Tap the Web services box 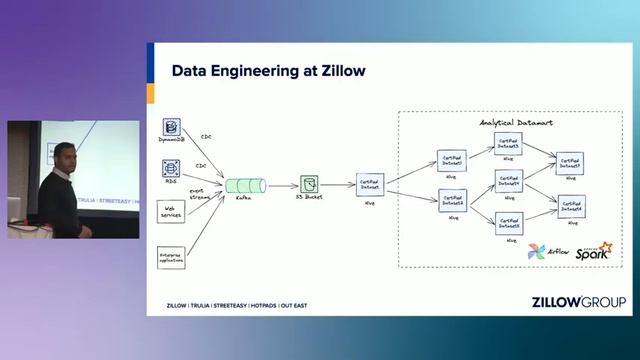171,211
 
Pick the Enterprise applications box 171,257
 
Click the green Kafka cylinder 244,185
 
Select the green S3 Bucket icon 310,185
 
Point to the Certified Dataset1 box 371,185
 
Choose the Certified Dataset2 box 452,160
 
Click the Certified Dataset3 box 510,143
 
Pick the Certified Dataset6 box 572,206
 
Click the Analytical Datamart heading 517,122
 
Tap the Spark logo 592,252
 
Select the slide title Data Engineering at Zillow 268,71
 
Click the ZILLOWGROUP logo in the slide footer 579,302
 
